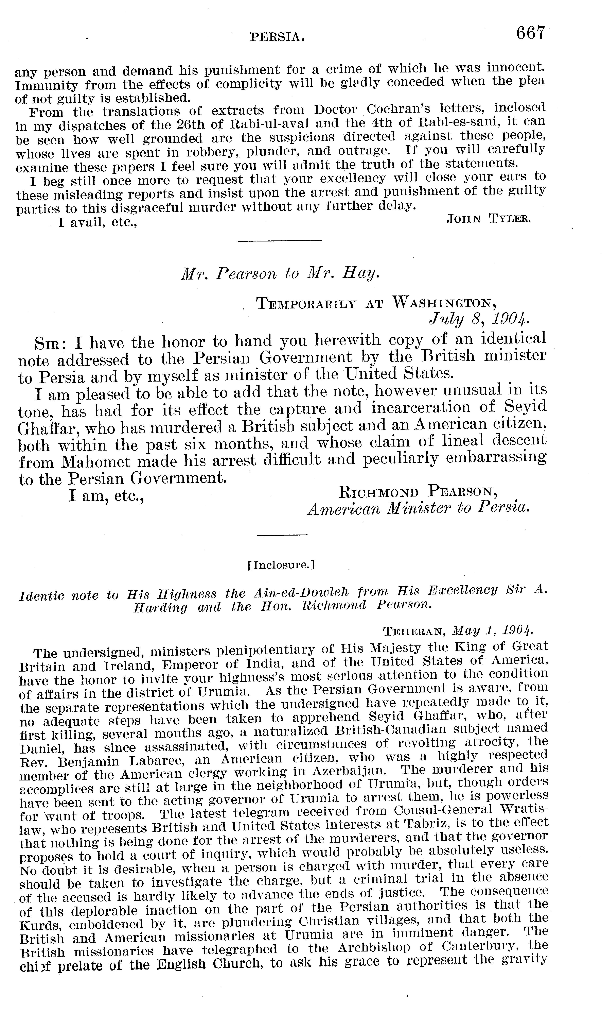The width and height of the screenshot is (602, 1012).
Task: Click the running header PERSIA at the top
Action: point(277,38)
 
